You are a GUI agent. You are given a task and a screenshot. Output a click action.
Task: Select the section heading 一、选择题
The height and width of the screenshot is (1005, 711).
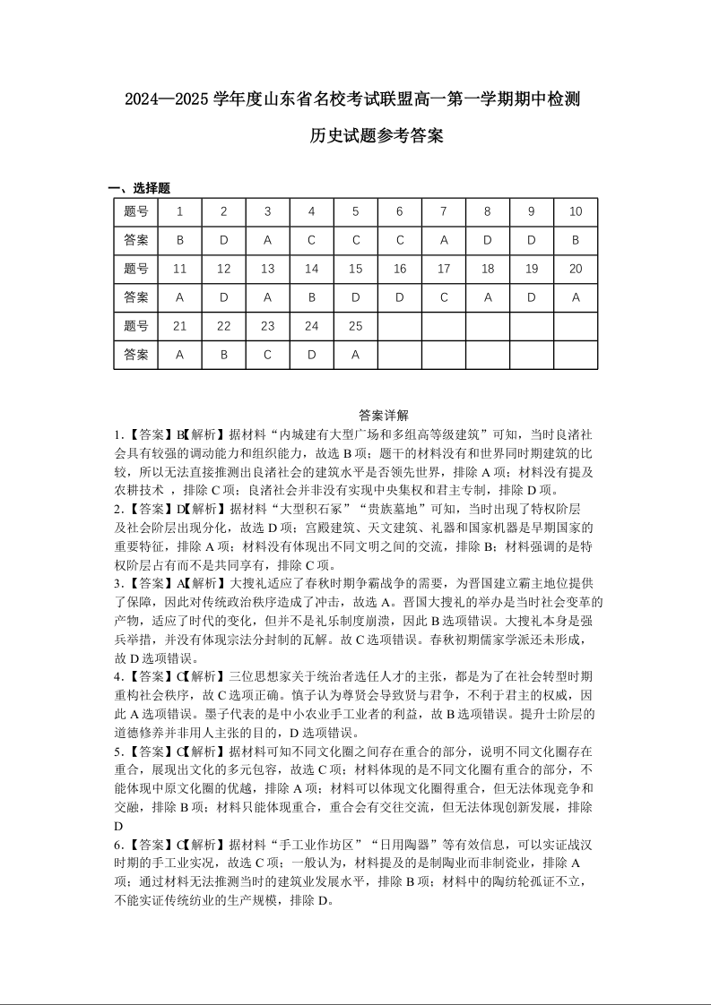(x=139, y=188)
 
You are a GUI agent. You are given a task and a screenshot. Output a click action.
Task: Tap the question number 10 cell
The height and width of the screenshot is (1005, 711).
(x=576, y=211)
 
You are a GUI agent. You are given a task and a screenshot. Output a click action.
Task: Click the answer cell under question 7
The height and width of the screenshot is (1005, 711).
(x=443, y=240)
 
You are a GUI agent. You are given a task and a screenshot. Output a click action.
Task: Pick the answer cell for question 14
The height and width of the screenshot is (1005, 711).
(x=311, y=297)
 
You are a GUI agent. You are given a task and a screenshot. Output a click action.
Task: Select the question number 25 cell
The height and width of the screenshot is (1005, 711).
(x=355, y=326)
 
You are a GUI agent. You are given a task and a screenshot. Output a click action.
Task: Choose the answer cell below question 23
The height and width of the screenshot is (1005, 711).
(x=267, y=355)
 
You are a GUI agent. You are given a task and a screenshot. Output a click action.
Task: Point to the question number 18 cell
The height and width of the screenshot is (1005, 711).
(x=488, y=269)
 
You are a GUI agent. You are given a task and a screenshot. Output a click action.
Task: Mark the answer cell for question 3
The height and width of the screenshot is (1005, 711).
(x=267, y=240)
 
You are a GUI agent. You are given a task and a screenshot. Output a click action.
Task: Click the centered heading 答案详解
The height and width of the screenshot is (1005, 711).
(x=383, y=415)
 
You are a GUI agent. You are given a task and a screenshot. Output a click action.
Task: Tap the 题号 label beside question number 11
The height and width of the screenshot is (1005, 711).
(x=136, y=269)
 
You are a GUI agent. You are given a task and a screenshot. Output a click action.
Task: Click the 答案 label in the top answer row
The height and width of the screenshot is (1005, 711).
(x=136, y=240)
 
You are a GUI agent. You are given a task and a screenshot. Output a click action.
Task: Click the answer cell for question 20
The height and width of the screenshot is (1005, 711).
(x=576, y=297)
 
